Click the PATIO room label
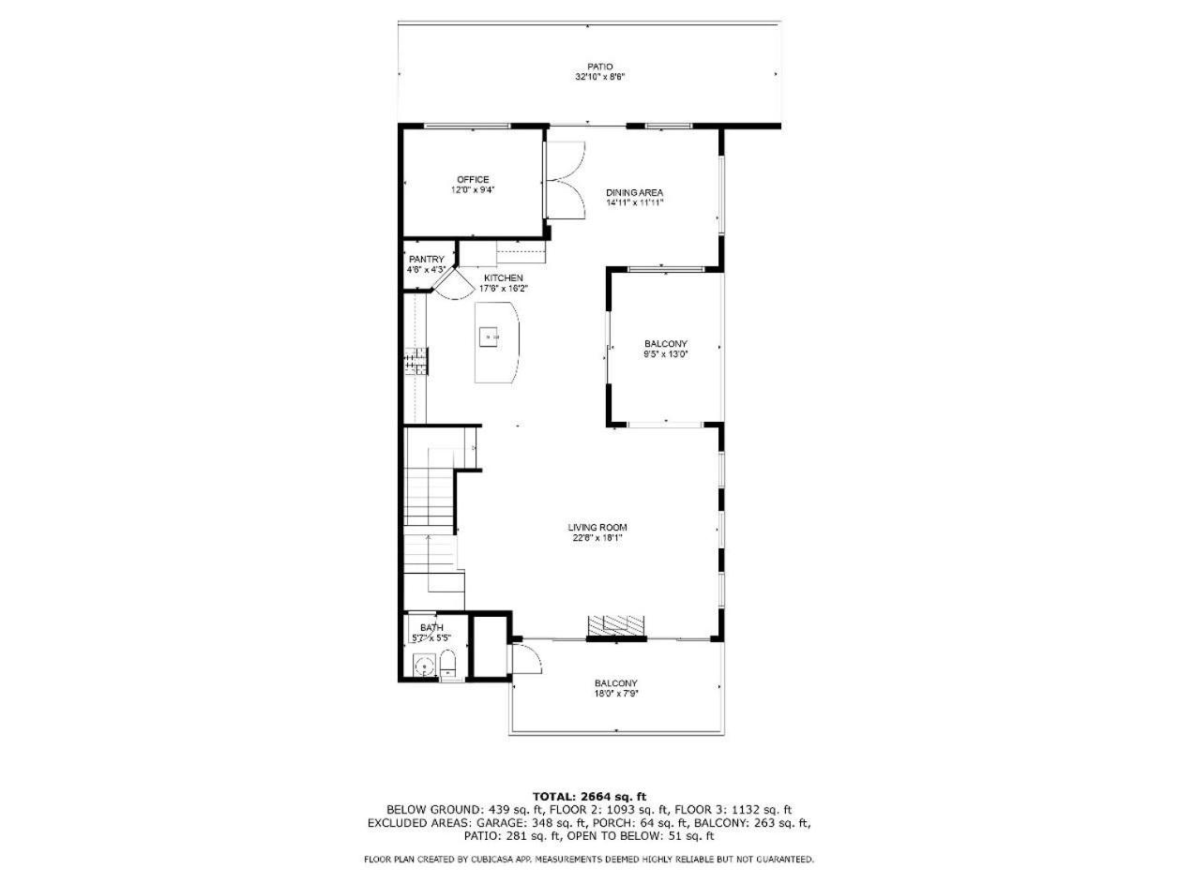(599, 67)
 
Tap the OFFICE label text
(473, 179)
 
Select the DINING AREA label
(634, 192)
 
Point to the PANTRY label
(427, 260)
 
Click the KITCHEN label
(504, 278)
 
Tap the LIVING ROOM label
(597, 527)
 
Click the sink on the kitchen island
(489, 337)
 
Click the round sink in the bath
(425, 667)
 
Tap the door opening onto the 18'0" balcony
(527, 659)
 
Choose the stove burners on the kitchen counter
(416, 361)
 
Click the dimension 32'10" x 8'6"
(600, 77)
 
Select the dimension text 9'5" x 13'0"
(666, 353)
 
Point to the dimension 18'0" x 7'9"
(615, 693)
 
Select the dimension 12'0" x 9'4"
(473, 189)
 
